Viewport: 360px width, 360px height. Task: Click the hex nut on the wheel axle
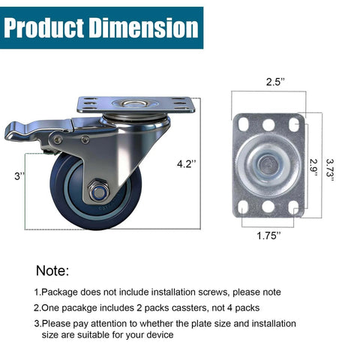point(97,192)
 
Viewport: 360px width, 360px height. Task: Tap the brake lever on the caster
point(30,133)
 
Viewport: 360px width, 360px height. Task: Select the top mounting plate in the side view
point(135,104)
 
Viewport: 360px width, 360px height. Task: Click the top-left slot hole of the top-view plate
point(248,122)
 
